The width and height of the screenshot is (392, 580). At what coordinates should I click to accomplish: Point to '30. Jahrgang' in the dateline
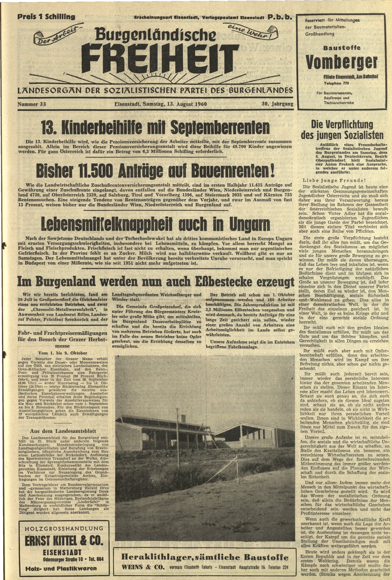pyautogui.click(x=276, y=104)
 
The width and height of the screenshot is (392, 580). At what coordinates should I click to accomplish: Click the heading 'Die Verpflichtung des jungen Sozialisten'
pyautogui.click(x=342, y=130)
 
